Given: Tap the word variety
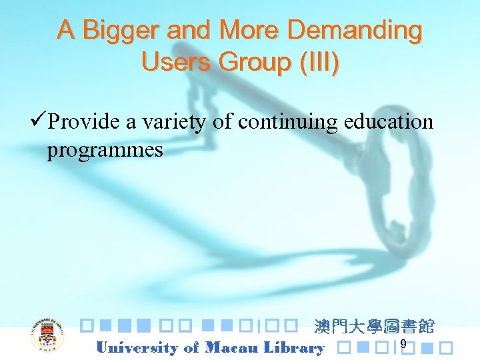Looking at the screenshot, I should (175, 122).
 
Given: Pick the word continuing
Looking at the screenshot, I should (287, 121).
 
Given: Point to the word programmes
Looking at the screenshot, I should (105, 150).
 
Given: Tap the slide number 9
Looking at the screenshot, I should (403, 343).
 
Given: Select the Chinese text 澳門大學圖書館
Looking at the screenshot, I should (374, 327).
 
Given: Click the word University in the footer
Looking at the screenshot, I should (137, 347).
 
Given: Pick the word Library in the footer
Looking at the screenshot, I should (294, 347).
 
